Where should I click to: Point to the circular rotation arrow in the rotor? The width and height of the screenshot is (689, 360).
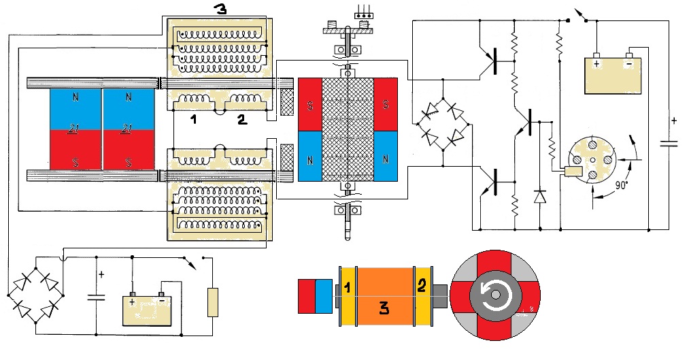494,295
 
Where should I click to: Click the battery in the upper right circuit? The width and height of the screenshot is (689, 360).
614,75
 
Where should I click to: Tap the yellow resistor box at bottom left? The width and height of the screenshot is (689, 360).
213,303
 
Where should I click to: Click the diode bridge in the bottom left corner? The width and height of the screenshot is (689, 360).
35,295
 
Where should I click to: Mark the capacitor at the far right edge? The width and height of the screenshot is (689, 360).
669,143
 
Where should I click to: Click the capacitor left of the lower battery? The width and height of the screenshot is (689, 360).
96,295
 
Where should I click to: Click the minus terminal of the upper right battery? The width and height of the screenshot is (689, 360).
629,57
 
